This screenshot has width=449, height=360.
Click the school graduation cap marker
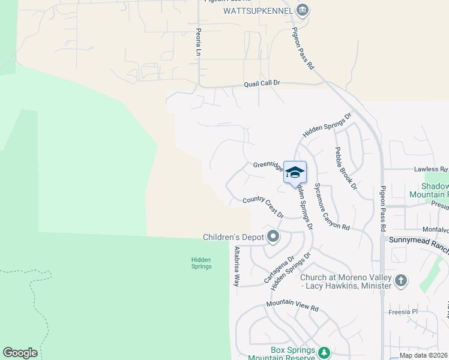click(295, 173)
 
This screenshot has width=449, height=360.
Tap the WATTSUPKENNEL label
click(258, 11)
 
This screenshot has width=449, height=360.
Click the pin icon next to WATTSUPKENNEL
click(303, 10)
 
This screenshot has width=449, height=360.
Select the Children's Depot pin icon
click(273, 236)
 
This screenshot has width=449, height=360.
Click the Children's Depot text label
click(234, 237)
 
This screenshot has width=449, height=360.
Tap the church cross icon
click(401, 280)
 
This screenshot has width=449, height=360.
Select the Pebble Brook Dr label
click(346, 169)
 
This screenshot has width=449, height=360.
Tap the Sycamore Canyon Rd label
click(332, 206)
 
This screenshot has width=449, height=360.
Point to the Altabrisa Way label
click(237, 266)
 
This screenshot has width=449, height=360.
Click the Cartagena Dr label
click(279, 271)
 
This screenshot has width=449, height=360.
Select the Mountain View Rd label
click(292, 305)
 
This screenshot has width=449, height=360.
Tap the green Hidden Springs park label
click(201, 263)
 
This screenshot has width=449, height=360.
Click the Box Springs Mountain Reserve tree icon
click(324, 352)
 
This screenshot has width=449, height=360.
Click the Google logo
click(20, 353)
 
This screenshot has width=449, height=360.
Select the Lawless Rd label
click(431, 170)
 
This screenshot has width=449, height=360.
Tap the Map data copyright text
click(423, 355)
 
